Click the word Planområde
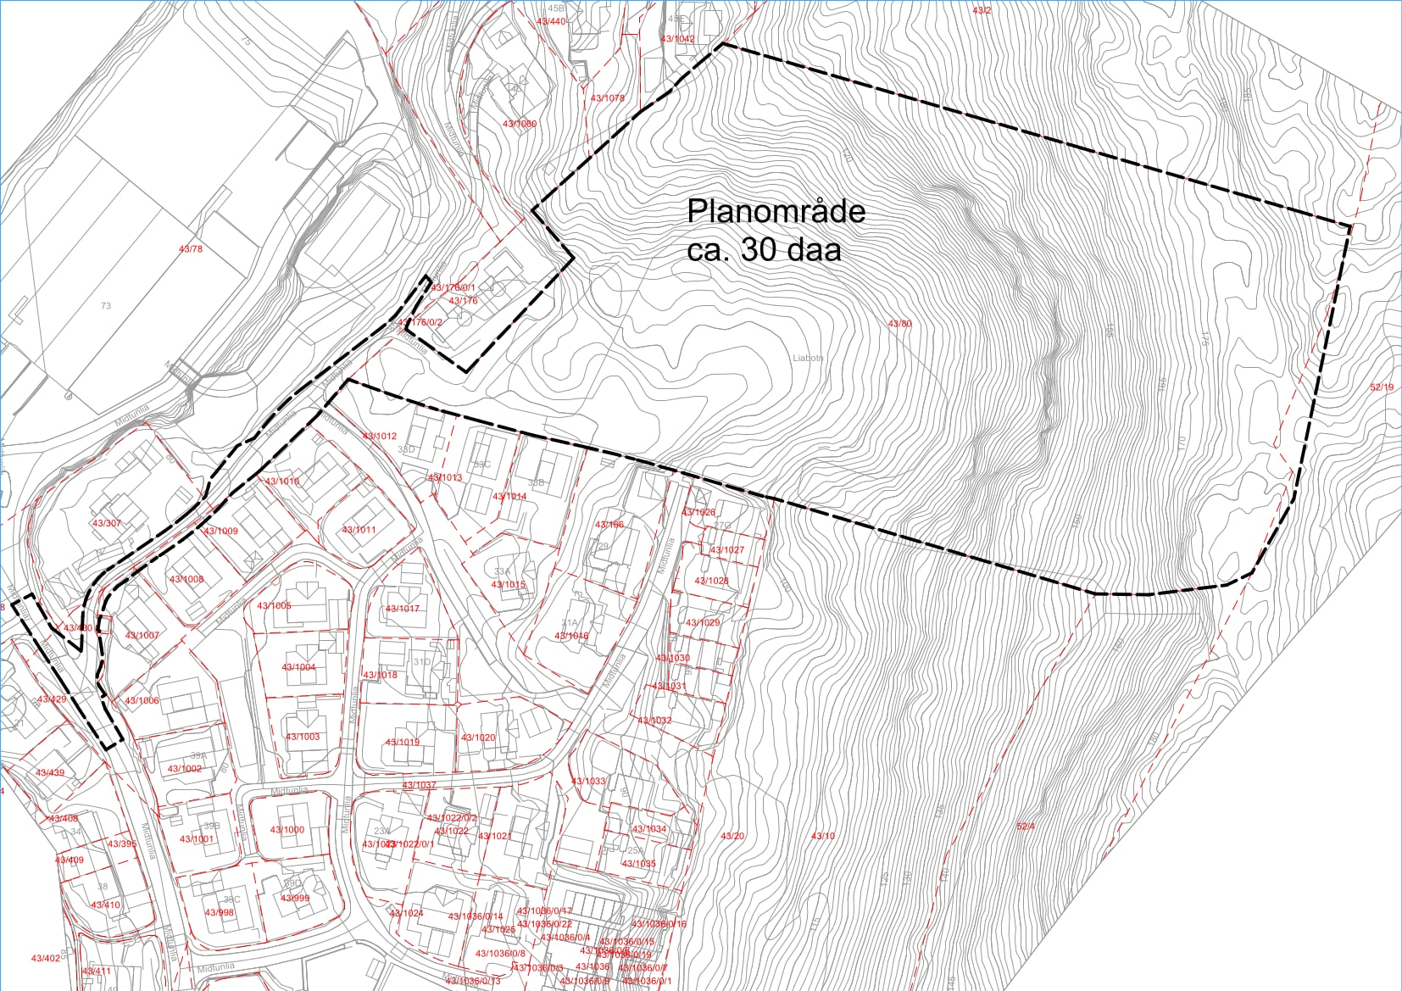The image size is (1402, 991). click(x=776, y=211)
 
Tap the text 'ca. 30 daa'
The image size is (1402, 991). click(x=764, y=250)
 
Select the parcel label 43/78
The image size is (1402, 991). click(x=191, y=249)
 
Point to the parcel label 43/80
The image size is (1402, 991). click(x=899, y=324)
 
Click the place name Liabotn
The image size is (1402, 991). click(x=808, y=358)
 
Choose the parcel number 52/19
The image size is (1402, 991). click(x=1382, y=387)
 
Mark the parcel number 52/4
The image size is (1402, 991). click(x=1026, y=826)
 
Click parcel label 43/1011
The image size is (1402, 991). click(x=359, y=530)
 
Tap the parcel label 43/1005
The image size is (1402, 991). click(x=274, y=606)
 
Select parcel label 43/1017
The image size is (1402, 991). click(x=403, y=609)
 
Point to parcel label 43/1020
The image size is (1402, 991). click(x=478, y=738)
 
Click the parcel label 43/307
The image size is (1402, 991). click(x=107, y=523)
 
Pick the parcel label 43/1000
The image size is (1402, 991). click(x=287, y=830)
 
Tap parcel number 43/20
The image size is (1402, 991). click(x=732, y=836)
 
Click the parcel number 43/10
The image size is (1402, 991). click(x=823, y=836)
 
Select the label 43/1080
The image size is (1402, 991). click(x=520, y=124)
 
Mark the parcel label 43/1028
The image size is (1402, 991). click(x=711, y=581)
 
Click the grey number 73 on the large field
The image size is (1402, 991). click(x=105, y=306)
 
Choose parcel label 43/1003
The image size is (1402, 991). click(x=303, y=737)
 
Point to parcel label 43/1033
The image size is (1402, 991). click(x=588, y=781)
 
